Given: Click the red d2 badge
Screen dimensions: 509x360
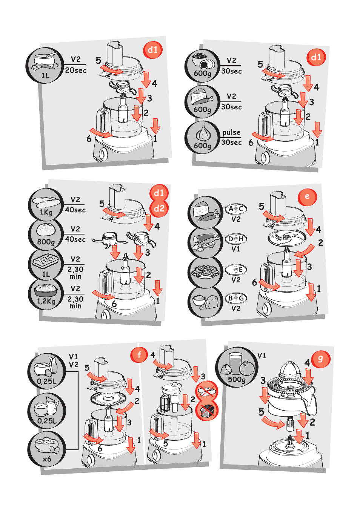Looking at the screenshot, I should pyautogui.click(x=159, y=208).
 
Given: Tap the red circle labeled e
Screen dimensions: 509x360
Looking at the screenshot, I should pyautogui.click(x=307, y=196).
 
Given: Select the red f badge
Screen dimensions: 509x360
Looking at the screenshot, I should pyautogui.click(x=139, y=354).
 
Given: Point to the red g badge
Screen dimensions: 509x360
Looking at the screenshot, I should pyautogui.click(x=321, y=359).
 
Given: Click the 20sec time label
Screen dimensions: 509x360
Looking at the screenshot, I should pyautogui.click(x=76, y=70).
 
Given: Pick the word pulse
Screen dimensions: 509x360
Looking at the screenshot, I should pyautogui.click(x=231, y=132).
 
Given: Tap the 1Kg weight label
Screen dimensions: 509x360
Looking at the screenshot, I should pyautogui.click(x=46, y=212).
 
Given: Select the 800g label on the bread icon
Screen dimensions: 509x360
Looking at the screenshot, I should pyautogui.click(x=46, y=242).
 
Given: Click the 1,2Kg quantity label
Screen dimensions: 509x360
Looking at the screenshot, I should pyautogui.click(x=46, y=301).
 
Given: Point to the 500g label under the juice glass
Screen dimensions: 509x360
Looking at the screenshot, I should pyautogui.click(x=237, y=379).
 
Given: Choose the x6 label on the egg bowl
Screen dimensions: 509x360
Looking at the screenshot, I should pyautogui.click(x=47, y=459).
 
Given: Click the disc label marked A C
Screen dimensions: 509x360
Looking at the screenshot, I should pyautogui.click(x=236, y=209).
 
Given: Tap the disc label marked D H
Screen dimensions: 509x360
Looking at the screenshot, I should pyautogui.click(x=236, y=239).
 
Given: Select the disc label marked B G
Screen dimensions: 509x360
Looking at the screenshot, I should pyautogui.click(x=236, y=298).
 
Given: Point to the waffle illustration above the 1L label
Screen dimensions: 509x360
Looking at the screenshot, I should pyautogui.click(x=46, y=261).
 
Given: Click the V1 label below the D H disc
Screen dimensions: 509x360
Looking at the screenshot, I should pyautogui.click(x=236, y=249).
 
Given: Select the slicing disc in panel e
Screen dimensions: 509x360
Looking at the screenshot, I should pyautogui.click(x=287, y=238).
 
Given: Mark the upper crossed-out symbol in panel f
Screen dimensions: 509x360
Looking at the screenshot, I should pyautogui.click(x=207, y=391).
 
